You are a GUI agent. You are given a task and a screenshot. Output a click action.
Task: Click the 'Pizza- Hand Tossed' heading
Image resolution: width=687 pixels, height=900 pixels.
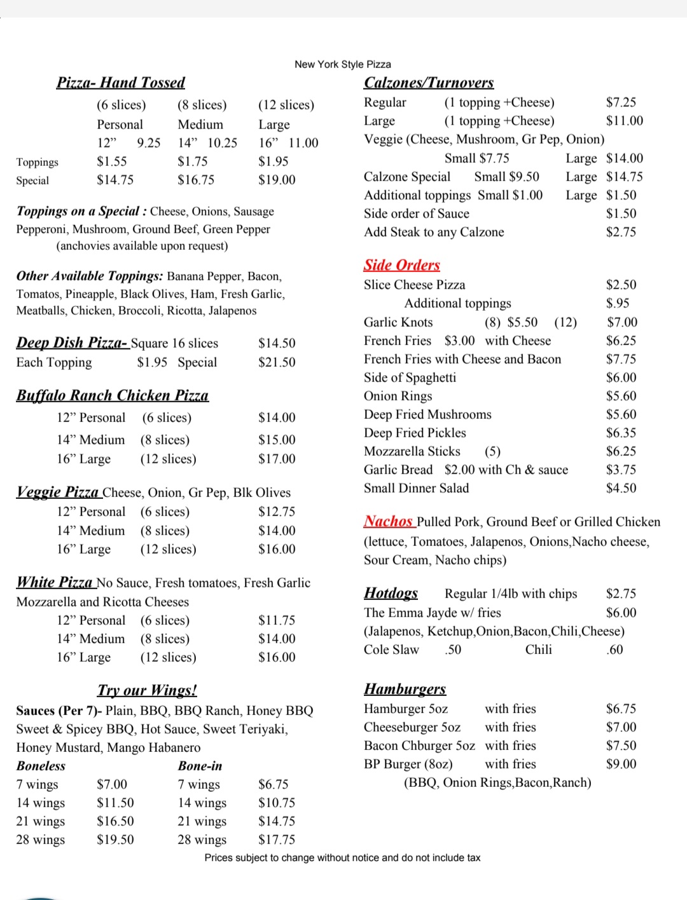120,83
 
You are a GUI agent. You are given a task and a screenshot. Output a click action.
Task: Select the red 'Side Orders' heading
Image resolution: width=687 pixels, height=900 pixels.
401,265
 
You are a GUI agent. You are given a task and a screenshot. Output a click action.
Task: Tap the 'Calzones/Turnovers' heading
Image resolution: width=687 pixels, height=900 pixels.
428,83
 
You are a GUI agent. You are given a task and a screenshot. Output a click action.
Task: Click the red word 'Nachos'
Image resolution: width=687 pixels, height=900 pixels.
388,522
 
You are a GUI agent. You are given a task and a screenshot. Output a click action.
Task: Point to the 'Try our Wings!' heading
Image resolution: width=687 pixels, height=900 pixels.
147,690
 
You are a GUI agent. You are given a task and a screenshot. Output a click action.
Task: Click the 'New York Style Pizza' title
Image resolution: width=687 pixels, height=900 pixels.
342,64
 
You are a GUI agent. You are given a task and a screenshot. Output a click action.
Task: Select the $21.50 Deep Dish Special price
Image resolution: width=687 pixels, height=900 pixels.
277,362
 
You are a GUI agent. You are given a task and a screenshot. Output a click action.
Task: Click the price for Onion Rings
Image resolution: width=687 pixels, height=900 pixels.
621,396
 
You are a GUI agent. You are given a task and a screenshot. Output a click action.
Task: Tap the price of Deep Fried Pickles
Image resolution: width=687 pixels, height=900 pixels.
621,433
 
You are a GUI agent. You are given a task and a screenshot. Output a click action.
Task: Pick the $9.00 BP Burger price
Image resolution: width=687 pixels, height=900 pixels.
621,764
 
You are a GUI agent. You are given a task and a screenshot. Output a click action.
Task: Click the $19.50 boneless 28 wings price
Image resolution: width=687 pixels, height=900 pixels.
115,840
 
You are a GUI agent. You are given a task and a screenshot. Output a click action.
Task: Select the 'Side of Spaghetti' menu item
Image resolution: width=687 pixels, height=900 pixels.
410,378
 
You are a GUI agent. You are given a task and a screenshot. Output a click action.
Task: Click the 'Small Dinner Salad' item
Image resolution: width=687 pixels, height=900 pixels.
416,488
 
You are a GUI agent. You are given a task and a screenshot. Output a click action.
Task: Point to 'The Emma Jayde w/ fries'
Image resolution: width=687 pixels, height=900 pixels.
432,613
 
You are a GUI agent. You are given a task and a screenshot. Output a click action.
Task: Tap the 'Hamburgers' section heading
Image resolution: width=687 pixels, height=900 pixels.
405,690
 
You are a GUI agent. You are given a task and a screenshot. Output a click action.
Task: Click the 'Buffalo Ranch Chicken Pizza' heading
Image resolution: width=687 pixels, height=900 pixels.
112,396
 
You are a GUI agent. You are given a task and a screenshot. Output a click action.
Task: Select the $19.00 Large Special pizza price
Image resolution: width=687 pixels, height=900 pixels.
277,180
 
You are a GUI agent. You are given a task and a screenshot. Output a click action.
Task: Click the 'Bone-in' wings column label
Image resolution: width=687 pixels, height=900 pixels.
200,766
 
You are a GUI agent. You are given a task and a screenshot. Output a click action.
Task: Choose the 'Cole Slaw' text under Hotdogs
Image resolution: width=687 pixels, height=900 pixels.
391,650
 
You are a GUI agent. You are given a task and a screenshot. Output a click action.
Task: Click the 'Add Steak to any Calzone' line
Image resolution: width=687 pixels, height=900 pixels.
434,232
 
